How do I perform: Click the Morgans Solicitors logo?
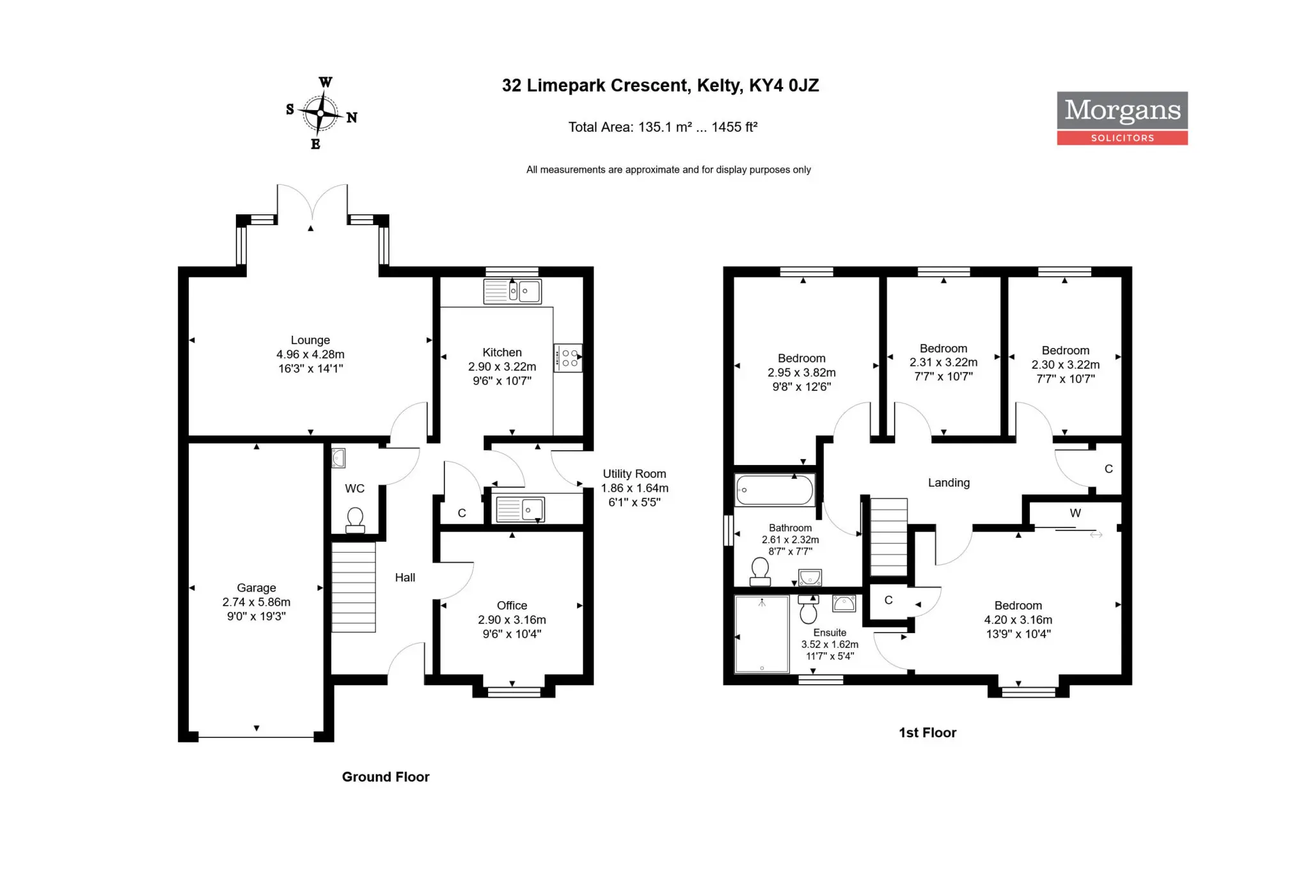pos(1122,118)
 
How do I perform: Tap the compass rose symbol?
pos(320,114)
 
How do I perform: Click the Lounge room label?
pos(310,354)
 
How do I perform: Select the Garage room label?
pos(256,602)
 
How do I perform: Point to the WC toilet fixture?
pos(355,520)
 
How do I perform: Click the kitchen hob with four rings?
pos(568,358)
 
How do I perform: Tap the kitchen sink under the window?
pos(512,291)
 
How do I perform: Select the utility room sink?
pos(520,510)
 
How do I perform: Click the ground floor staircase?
pos(353,587)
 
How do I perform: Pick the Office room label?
pos(512,620)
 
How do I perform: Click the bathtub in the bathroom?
pos(775,491)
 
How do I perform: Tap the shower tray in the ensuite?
pos(762,634)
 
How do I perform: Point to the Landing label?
pos(949,483)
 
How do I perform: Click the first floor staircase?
pos(889,537)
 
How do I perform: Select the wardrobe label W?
pos(1075,513)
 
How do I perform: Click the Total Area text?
pos(663,127)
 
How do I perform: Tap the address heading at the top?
pos(660,86)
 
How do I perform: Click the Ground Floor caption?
pos(386,776)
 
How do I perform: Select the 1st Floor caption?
pos(927,732)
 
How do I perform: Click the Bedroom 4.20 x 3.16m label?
pos(1018,620)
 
